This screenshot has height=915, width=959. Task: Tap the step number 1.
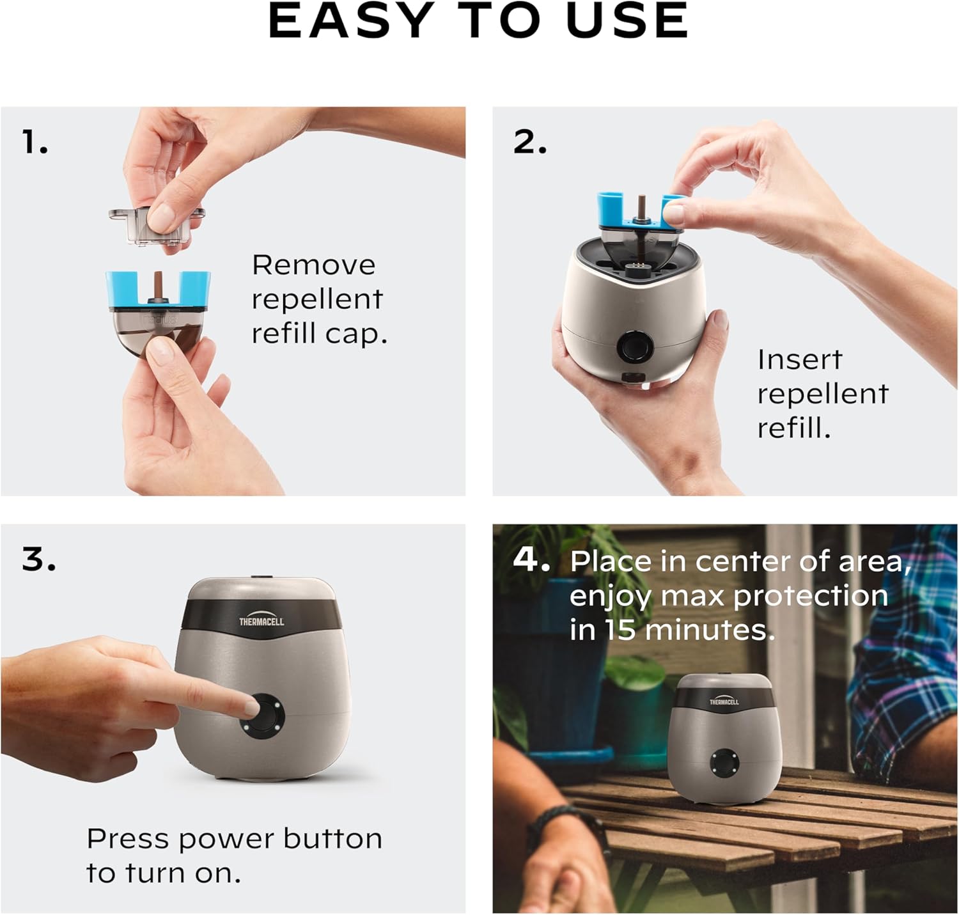[x=35, y=142]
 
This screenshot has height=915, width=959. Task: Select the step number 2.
[x=529, y=142]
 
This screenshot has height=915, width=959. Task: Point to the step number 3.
[x=38, y=559]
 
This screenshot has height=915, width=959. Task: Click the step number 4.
[x=531, y=559]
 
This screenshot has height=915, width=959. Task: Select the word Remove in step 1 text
[x=313, y=265]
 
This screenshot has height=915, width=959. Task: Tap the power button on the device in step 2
[x=635, y=348]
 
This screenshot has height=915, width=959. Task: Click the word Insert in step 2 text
[x=799, y=359]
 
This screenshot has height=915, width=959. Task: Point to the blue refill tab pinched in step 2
[x=673, y=211]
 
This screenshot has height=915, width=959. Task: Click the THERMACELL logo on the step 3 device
[x=261, y=621]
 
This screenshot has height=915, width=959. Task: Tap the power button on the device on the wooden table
[x=723, y=762]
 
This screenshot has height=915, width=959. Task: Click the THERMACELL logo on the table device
[x=724, y=701]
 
